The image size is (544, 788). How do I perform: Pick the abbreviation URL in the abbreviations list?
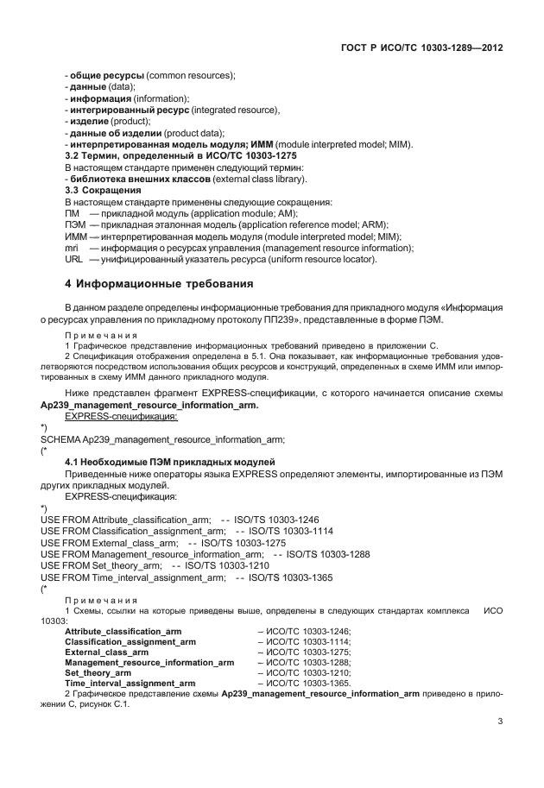[x=73, y=260]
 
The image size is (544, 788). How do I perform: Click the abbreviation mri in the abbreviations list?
[x=72, y=248]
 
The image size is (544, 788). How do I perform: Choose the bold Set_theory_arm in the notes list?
[x=98, y=671]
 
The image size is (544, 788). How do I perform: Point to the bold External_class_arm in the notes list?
[x=106, y=652]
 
